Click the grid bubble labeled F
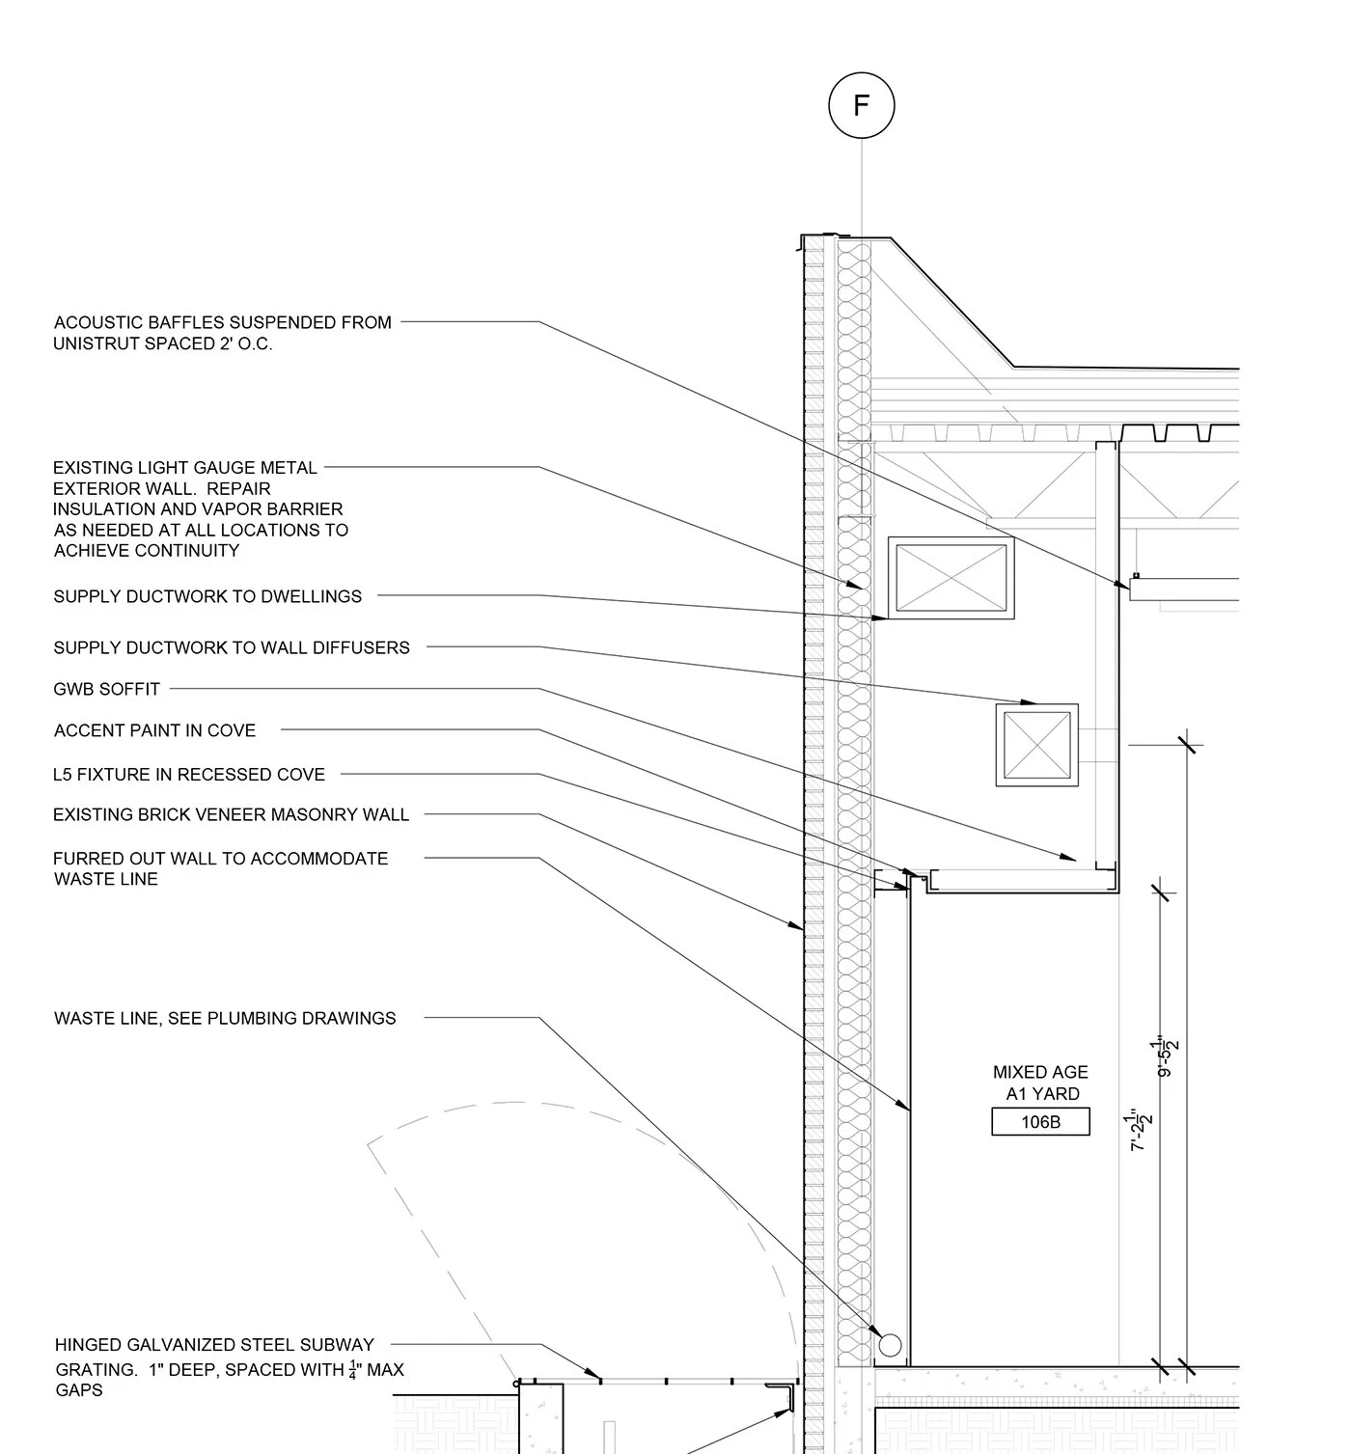861,105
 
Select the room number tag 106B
1040,1122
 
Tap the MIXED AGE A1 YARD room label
1040,1083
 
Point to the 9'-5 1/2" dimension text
1168,1056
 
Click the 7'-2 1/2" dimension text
1141,1130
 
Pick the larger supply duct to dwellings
951,578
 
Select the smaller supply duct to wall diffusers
1036,745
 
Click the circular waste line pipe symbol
890,1344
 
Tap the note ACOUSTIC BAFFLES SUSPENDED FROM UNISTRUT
222,333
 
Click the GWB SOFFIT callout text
107,689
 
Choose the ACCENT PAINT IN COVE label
154,731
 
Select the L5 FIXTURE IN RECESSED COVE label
189,774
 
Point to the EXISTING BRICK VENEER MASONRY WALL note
231,815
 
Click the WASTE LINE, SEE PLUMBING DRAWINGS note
225,1018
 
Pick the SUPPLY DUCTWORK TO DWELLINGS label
207,597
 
